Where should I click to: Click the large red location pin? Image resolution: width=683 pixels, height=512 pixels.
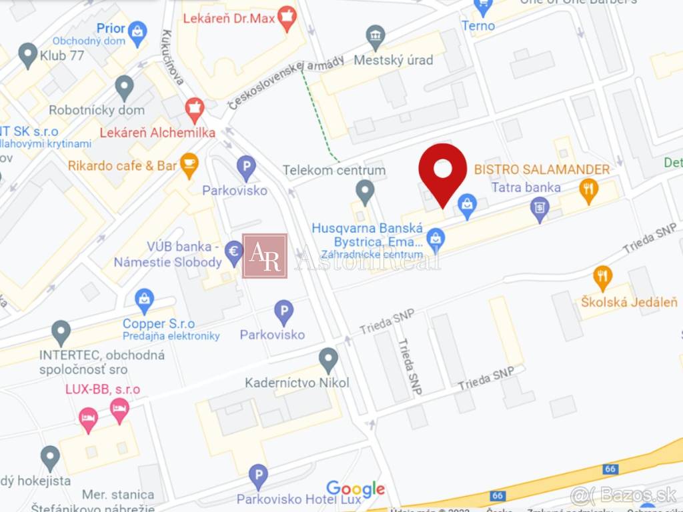pos(443,171)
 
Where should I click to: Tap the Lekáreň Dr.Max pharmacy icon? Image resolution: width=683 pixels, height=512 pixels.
pos(287,18)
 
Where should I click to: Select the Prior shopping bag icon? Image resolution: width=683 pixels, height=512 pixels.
pos(137,31)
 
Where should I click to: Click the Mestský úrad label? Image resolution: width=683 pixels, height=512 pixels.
pos(393,60)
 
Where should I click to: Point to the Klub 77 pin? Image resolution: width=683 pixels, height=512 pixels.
pos(28,54)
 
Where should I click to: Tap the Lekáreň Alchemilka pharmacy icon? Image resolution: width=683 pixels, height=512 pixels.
pos(194,108)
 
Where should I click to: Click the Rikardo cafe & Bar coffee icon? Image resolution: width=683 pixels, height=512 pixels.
pos(189,164)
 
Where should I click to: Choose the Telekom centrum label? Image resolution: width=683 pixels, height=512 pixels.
pos(334,170)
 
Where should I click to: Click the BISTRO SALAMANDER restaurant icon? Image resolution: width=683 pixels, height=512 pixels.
pos(588,190)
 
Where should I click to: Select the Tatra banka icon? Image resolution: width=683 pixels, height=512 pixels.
pos(540,209)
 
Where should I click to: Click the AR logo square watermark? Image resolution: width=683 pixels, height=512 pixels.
pos(265,256)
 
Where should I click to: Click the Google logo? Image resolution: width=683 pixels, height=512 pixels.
pos(356,489)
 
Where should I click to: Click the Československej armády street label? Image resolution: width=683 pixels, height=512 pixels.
pos(286,81)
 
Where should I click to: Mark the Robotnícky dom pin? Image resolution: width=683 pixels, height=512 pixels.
pos(124,87)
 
